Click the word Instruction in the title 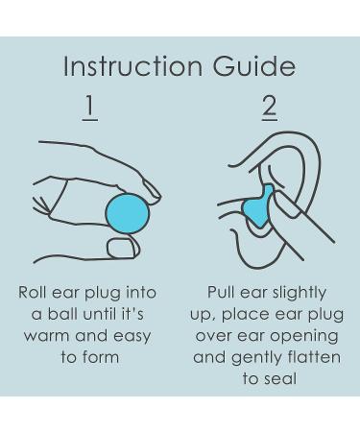point(133,66)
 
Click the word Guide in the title point(254,66)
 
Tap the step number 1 point(90,108)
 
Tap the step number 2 point(270,108)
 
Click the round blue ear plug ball point(128,213)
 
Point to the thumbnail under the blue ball point(124,248)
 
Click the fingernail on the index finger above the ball point(152,191)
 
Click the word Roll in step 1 point(33,292)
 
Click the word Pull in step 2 point(221,292)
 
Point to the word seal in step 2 point(281,379)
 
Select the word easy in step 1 point(132,337)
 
